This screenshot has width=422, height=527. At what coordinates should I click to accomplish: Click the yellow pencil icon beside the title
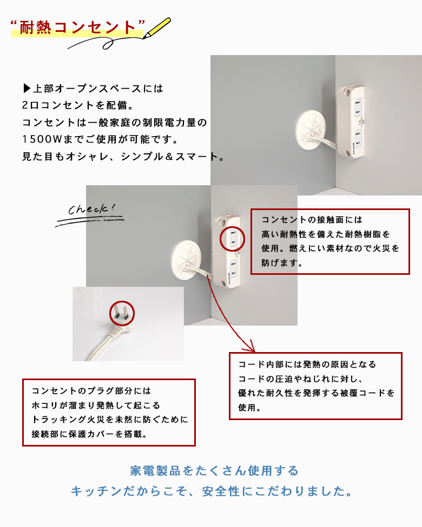[158, 27]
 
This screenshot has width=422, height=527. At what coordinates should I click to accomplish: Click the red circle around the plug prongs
[122, 312]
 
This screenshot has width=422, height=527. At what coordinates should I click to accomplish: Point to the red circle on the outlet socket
[233, 238]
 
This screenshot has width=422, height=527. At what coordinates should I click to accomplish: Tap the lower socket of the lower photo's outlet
[233, 265]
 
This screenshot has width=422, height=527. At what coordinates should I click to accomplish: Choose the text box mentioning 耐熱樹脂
[329, 242]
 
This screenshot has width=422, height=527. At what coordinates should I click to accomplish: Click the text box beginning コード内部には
[315, 386]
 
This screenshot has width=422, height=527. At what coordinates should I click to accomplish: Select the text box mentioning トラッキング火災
[108, 412]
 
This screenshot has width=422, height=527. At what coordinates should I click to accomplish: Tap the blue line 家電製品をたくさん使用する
[214, 470]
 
